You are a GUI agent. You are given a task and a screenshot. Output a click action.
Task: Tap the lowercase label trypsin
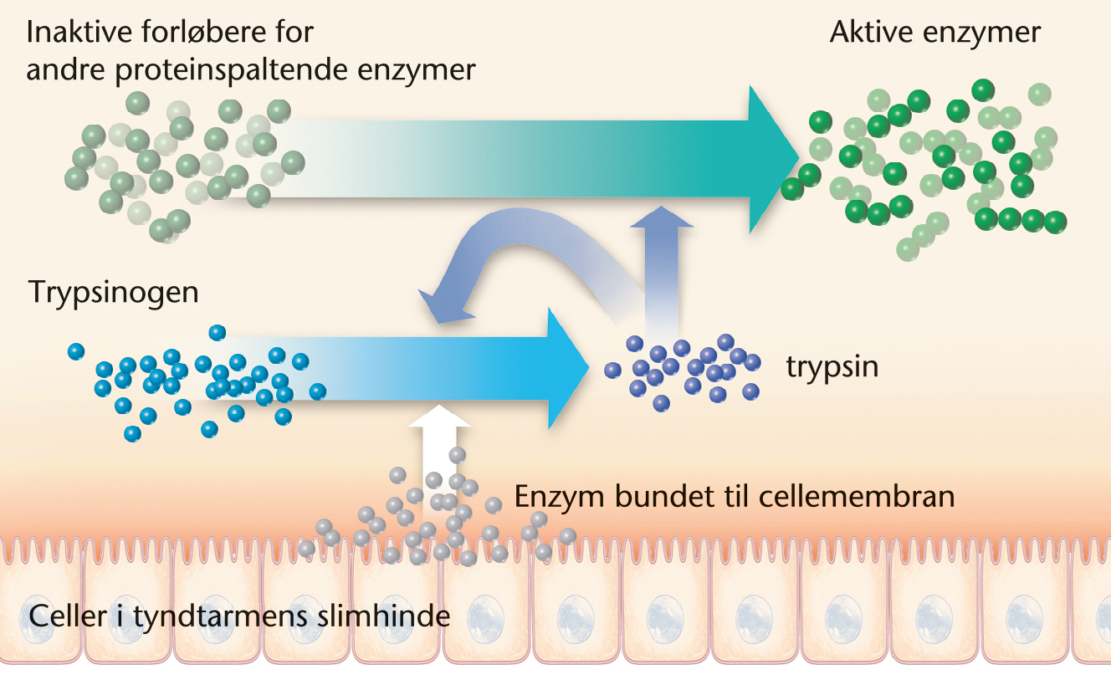(x=832, y=367)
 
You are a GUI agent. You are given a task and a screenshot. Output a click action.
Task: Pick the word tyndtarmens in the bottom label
(x=238, y=617)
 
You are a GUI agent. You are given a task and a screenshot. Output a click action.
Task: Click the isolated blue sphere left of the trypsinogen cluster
(x=76, y=351)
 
